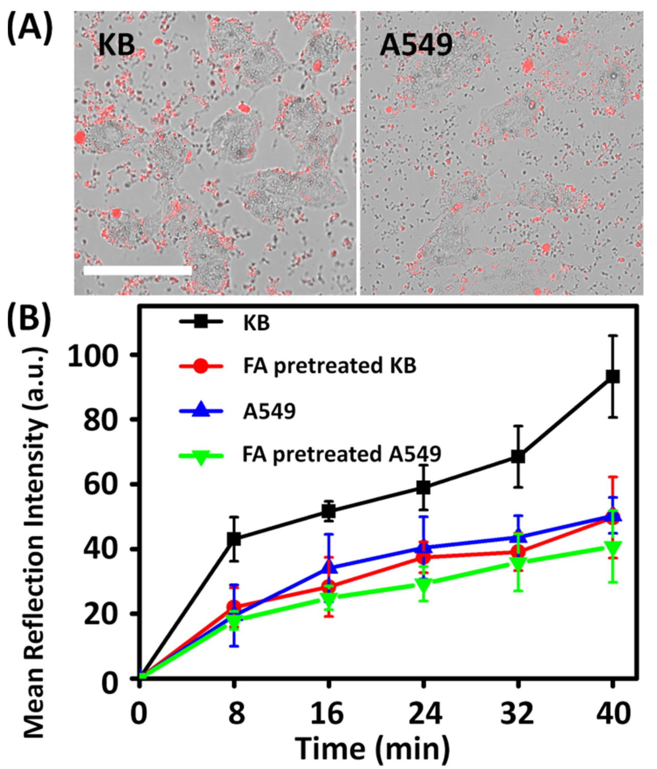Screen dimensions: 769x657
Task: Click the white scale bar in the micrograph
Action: pos(137,270)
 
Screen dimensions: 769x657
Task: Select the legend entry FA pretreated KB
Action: pos(330,366)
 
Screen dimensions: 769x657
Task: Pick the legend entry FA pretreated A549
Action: pos(342,454)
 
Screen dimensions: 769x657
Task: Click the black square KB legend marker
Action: pos(201,322)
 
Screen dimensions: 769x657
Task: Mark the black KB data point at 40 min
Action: pos(613,377)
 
